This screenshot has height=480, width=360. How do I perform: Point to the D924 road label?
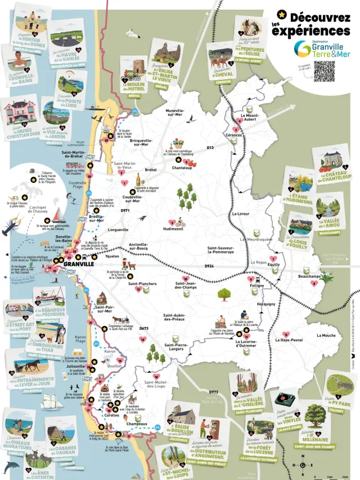(209, 265)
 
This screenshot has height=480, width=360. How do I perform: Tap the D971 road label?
(125, 211)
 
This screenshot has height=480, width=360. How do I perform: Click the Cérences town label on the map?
(234, 135)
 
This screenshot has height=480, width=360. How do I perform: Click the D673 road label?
(143, 328)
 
